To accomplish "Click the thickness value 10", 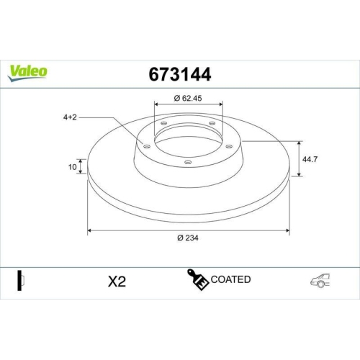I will point(72,167).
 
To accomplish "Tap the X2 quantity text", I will point(116,282).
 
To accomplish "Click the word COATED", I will point(231,279).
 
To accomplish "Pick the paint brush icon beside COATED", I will point(198,279).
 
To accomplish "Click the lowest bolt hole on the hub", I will point(189,162).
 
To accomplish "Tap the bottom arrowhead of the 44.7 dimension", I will point(298,174).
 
